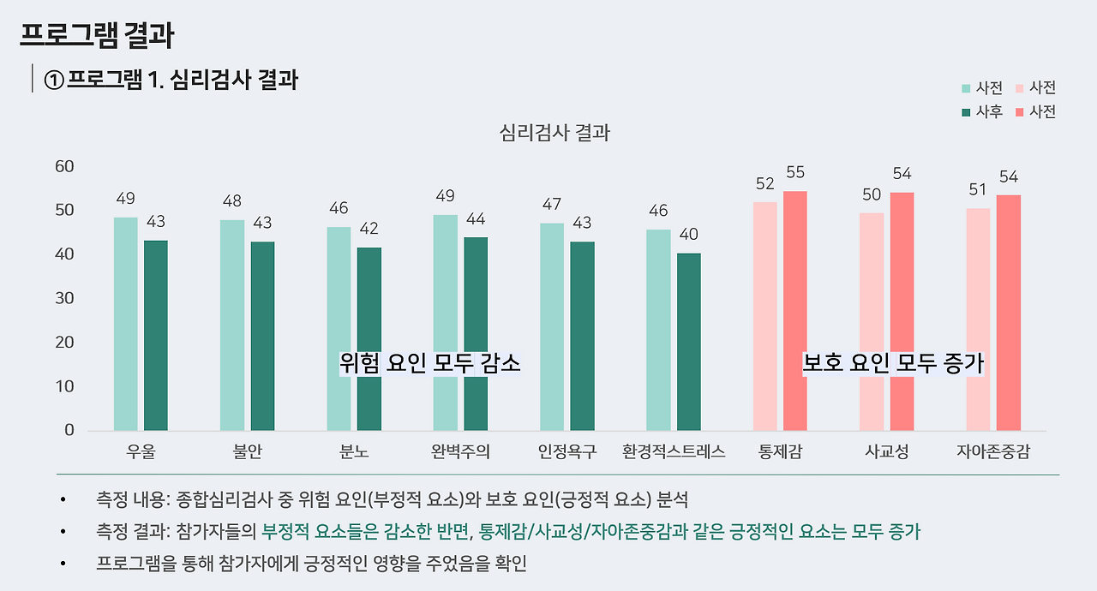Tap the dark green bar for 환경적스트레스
click(688, 342)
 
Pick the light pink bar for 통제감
click(764, 316)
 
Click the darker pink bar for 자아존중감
click(1008, 313)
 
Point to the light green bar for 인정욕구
click(552, 326)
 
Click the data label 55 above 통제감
click(795, 172)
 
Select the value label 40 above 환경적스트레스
click(688, 235)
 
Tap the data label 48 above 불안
click(231, 201)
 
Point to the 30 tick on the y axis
click(64, 298)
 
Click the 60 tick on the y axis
click(64, 166)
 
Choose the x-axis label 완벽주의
click(460, 451)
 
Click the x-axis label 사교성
click(887, 451)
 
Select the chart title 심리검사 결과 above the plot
click(554, 133)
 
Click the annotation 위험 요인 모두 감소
click(430, 363)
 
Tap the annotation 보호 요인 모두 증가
click(893, 363)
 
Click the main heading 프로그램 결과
click(97, 35)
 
